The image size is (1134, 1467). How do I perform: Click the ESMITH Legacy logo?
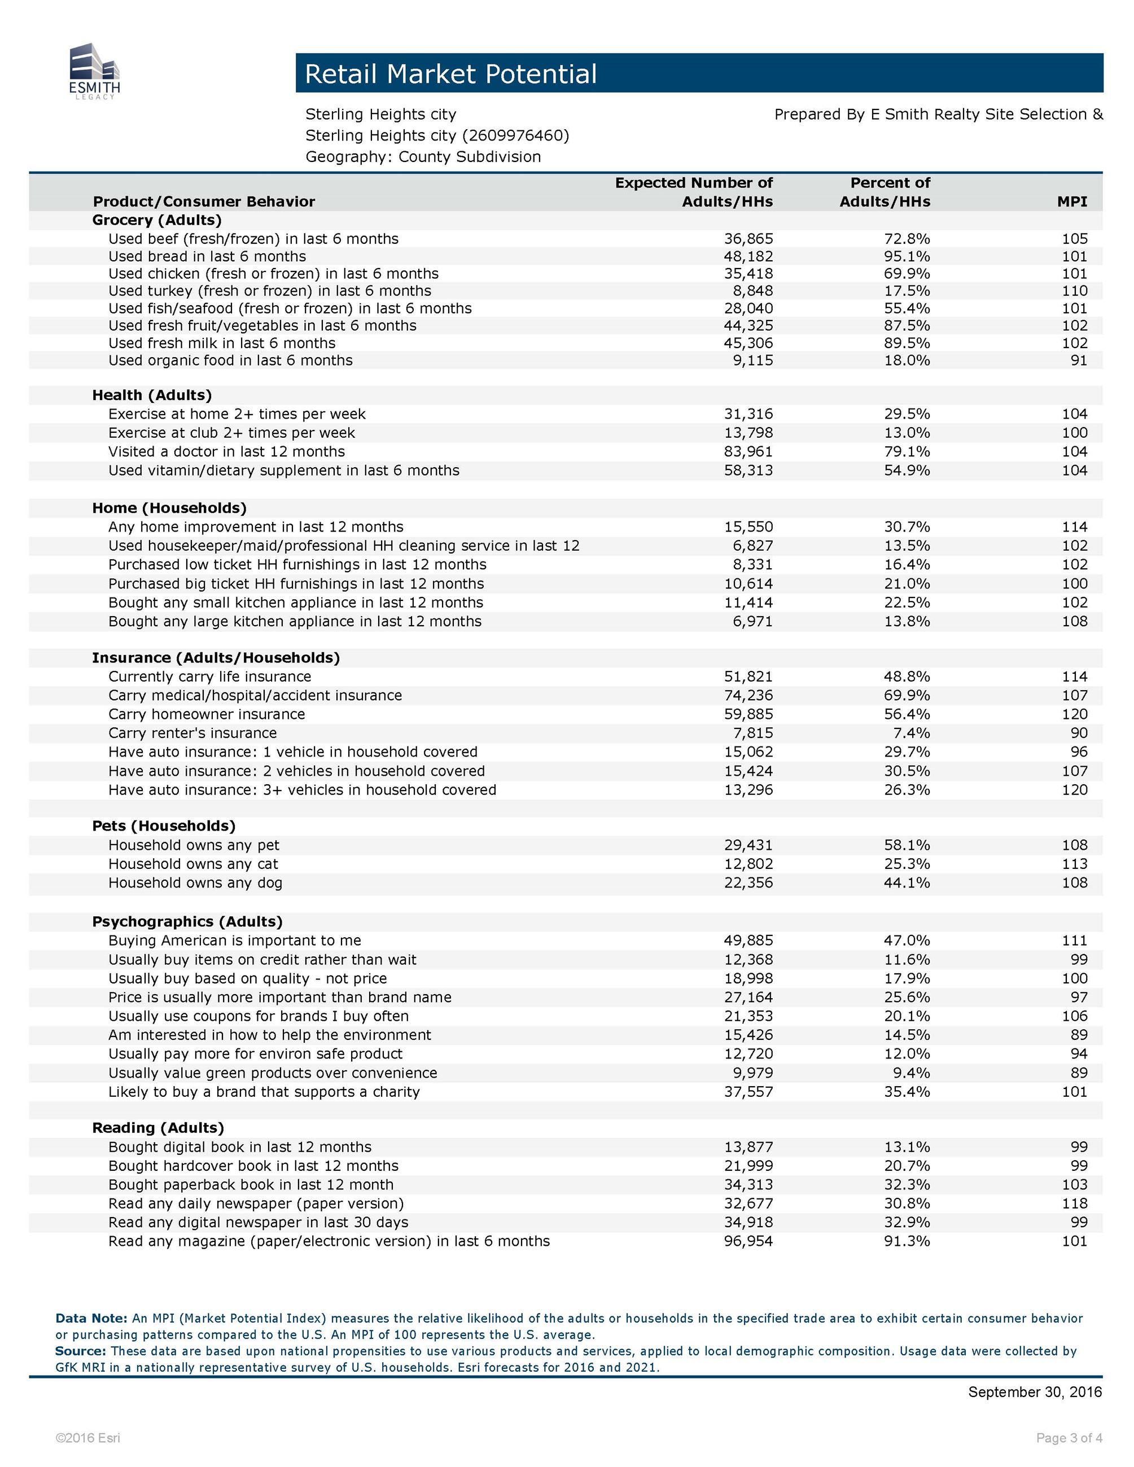94,72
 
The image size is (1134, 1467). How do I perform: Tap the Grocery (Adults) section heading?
156,220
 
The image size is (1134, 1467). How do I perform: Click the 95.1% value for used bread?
907,257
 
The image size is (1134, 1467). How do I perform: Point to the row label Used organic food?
230,361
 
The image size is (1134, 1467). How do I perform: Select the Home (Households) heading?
169,508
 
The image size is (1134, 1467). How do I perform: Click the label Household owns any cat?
193,864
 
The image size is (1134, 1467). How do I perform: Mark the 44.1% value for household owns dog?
907,882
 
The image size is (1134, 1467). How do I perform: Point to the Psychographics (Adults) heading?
187,921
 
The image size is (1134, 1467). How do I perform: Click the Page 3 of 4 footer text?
1069,1438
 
